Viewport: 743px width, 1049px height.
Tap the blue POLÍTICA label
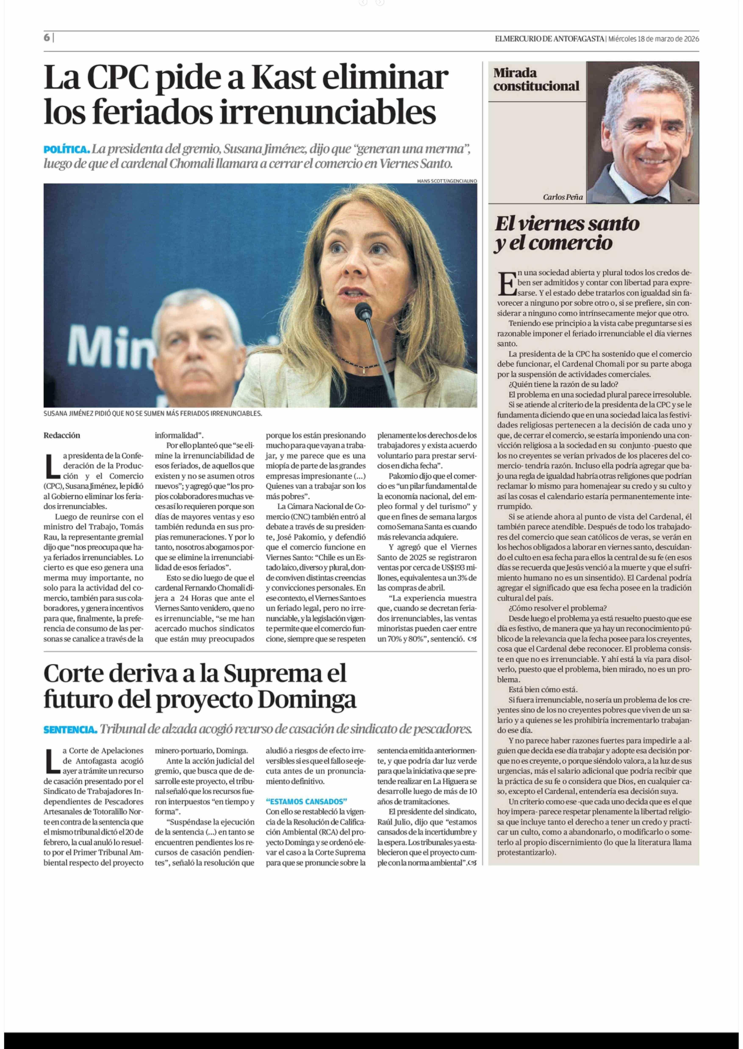(x=66, y=149)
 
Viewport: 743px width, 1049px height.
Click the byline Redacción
(x=62, y=435)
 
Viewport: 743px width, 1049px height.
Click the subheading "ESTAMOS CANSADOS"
(x=306, y=801)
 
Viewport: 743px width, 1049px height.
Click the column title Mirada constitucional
(x=536, y=80)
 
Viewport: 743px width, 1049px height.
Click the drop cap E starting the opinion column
(x=506, y=283)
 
